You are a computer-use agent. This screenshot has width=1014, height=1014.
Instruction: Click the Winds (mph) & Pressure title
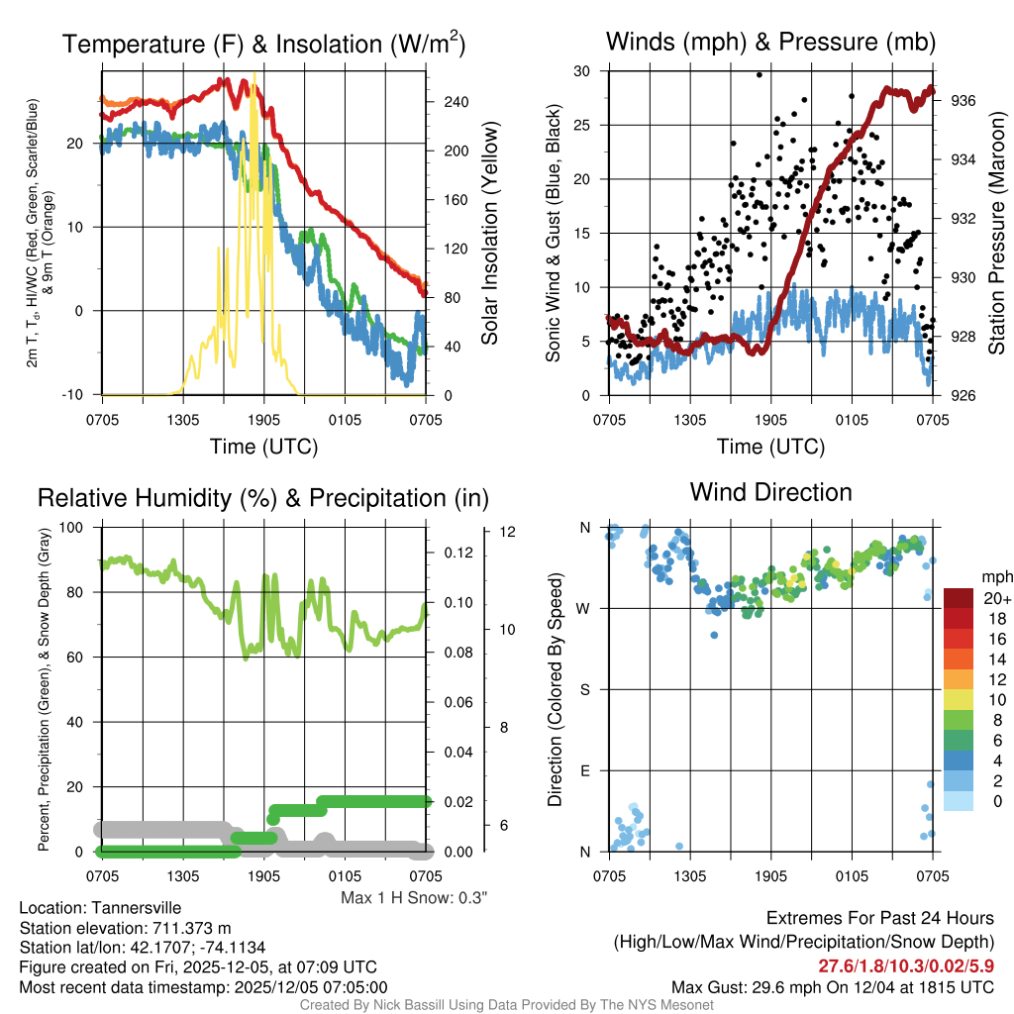click(770, 42)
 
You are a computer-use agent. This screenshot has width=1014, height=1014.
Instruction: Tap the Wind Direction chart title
click(770, 492)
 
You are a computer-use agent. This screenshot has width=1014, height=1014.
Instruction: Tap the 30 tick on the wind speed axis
click(582, 71)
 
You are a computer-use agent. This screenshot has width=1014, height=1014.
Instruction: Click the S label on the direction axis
click(583, 689)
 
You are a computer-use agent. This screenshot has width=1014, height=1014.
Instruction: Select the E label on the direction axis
click(583, 770)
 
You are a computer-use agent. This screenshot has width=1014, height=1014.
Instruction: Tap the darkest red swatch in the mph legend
click(958, 598)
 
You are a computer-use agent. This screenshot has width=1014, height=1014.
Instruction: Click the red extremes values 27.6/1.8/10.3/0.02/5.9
click(905, 966)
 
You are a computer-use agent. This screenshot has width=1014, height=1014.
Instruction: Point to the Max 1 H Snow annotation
click(415, 898)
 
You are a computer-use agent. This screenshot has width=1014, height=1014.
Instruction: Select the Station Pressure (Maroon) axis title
click(996, 234)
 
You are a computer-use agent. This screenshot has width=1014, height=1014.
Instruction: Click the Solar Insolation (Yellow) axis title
click(489, 234)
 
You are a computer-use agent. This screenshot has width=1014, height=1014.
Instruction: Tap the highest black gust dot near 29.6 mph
click(760, 74)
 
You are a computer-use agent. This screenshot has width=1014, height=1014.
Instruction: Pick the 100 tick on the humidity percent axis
click(75, 527)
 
